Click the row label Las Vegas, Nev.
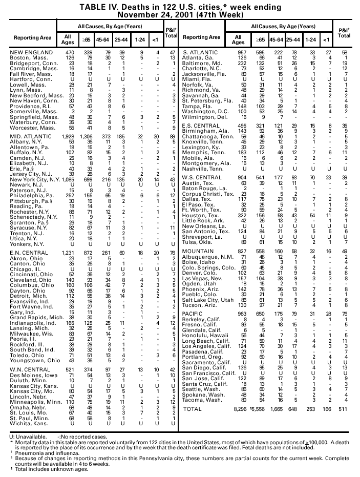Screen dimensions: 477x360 point(204,278)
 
